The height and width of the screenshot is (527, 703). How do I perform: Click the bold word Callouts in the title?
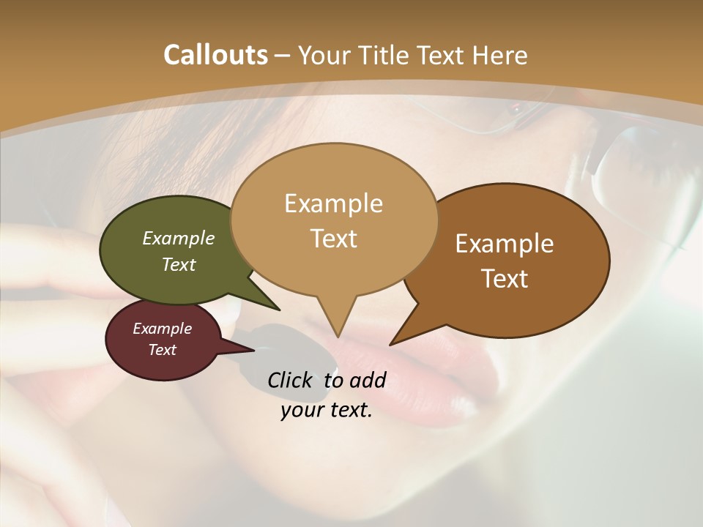[215, 55]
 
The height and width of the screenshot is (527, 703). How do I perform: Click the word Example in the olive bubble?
[179, 239]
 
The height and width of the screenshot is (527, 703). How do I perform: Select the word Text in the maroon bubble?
[163, 350]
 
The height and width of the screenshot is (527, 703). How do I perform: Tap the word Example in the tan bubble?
[334, 203]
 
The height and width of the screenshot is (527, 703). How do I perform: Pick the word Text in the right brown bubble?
[505, 279]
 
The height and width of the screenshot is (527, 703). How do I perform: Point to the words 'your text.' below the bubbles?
[327, 410]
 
